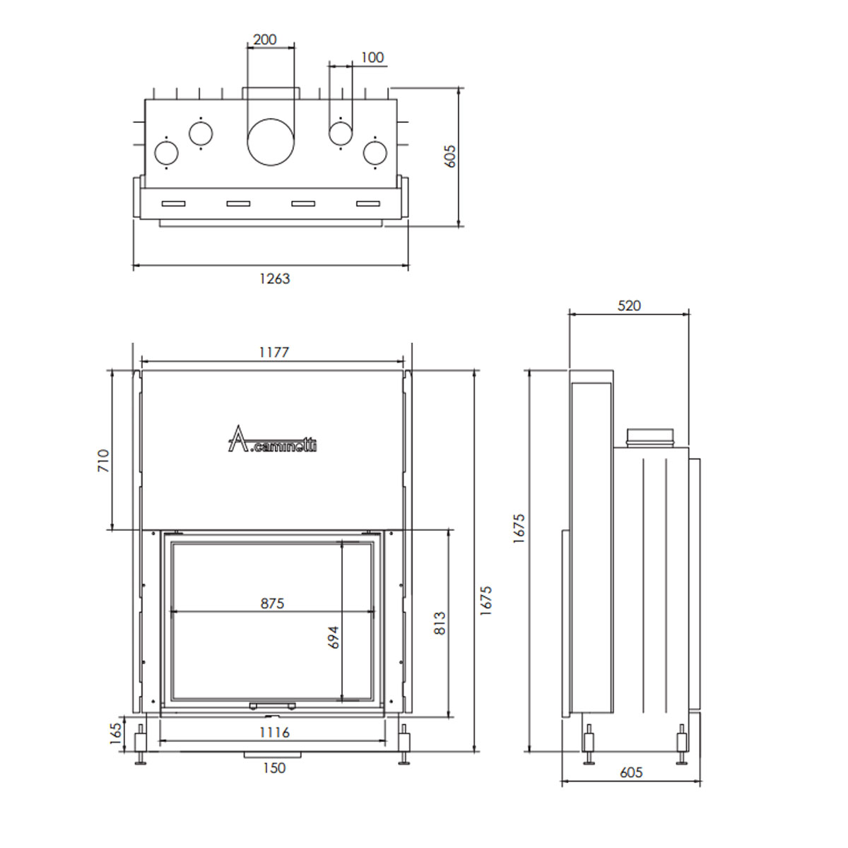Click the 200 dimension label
(265, 40)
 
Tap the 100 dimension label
(372, 57)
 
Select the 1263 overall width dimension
(275, 278)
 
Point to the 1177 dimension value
(273, 352)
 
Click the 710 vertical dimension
(103, 460)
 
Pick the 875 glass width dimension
(272, 603)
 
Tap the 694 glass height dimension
(334, 637)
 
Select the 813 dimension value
(440, 623)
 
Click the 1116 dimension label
(274, 732)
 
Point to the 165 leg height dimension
(115, 734)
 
